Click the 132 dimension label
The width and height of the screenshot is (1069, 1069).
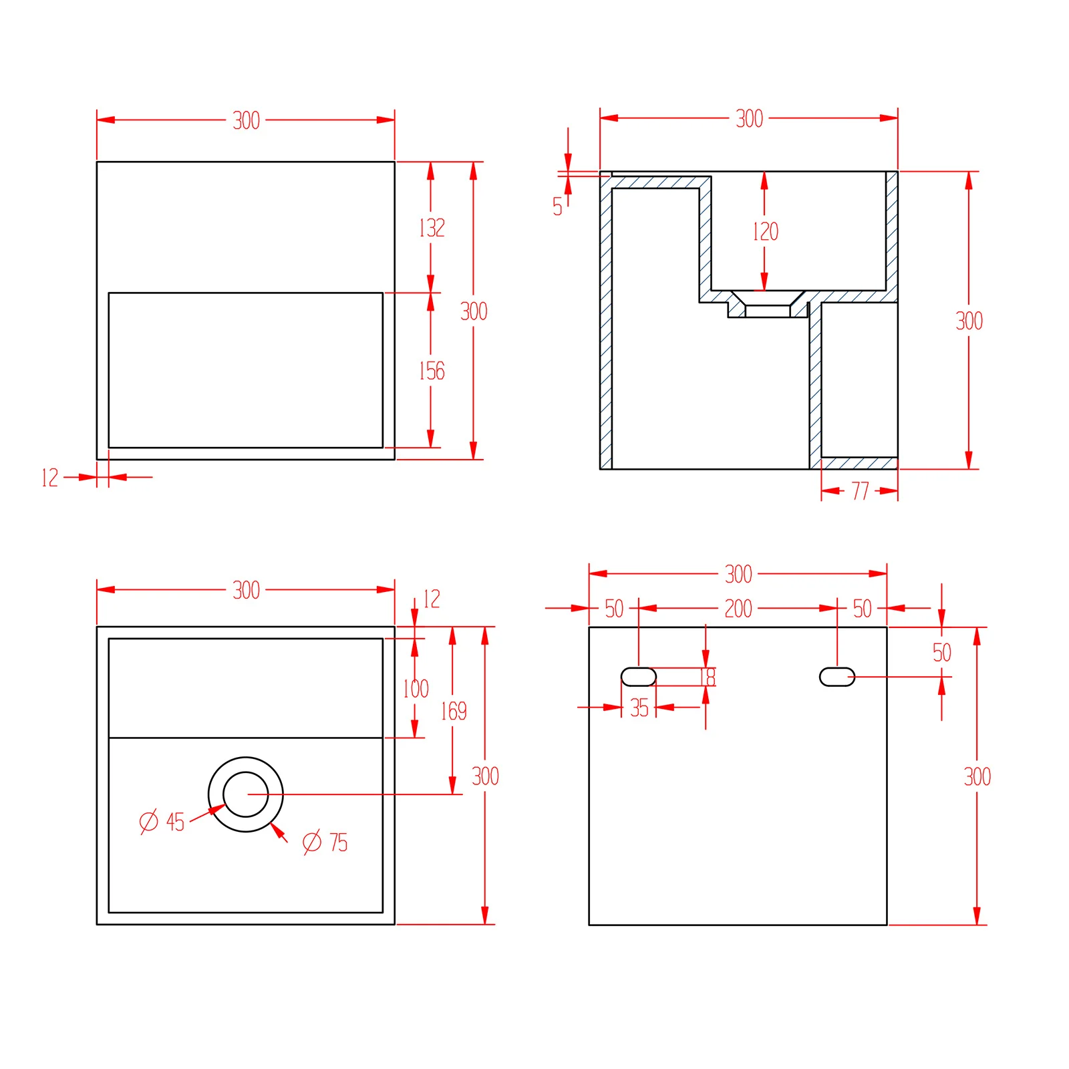tap(432, 228)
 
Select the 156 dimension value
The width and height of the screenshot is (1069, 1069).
tap(432, 371)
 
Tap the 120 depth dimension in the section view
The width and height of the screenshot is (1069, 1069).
tap(765, 231)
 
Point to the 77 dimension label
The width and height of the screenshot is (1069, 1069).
tap(860, 491)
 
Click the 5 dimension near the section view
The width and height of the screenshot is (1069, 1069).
tap(557, 206)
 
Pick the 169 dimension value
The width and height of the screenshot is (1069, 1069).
tap(454, 711)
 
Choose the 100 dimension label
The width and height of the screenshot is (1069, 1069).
tap(416, 688)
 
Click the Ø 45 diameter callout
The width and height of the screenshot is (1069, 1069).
tap(162, 822)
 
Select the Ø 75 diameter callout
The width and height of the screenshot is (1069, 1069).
tap(325, 843)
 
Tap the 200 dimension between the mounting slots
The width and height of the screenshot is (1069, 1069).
tap(738, 609)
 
